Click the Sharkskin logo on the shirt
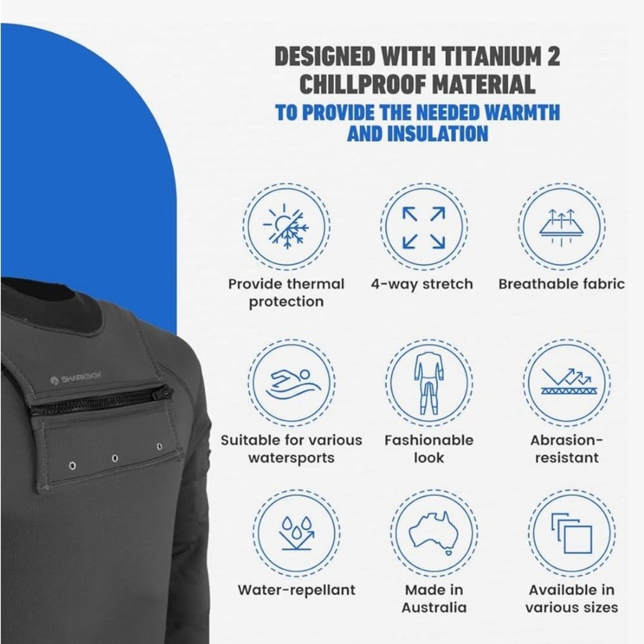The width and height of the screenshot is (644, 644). pyautogui.click(x=76, y=378)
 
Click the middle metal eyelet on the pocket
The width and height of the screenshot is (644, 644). pyautogui.click(x=115, y=458)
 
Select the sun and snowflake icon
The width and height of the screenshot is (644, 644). pyautogui.click(x=286, y=226)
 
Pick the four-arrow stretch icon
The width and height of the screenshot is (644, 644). pyautogui.click(x=424, y=228)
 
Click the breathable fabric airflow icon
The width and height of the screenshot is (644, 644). pyautogui.click(x=561, y=227)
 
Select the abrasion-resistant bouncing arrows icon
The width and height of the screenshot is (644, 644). pyautogui.click(x=566, y=380)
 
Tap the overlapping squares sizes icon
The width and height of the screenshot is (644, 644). pyautogui.click(x=572, y=533)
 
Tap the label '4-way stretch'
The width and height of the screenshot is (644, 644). pyautogui.click(x=422, y=284)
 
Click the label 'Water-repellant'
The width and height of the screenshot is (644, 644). pyautogui.click(x=297, y=590)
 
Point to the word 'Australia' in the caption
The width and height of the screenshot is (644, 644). pyautogui.click(x=434, y=607)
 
